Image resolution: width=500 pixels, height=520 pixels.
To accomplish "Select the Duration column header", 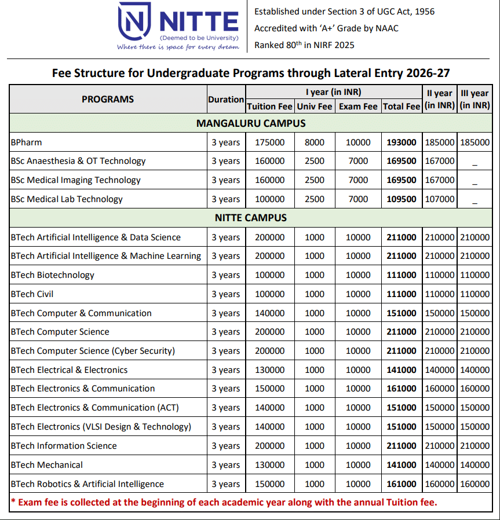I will point(226,100).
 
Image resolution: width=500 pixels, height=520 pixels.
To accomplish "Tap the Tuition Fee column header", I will point(269,107).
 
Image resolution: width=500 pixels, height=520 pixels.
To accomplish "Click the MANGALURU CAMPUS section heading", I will point(251,123).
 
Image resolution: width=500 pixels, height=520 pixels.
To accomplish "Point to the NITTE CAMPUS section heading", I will point(251,218).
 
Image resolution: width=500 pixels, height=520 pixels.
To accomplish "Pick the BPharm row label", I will point(27,142).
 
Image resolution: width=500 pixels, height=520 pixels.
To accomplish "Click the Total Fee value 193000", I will point(402,142).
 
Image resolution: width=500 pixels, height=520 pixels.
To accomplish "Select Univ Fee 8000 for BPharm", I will point(315,142).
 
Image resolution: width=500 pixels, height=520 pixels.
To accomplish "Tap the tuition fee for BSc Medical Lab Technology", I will point(269,199).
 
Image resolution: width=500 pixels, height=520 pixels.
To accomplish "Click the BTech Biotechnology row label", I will point(52,275).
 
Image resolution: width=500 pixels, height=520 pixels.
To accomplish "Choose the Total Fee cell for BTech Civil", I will point(402,294).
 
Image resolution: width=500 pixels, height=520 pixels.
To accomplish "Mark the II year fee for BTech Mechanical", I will point(440,465).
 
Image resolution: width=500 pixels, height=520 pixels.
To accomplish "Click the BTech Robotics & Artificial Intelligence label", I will point(87,484).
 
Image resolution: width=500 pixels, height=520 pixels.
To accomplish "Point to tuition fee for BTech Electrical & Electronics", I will point(269,370).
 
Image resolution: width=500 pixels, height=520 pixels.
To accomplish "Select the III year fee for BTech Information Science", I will point(475,446).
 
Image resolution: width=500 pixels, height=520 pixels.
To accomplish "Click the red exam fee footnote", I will point(224,502).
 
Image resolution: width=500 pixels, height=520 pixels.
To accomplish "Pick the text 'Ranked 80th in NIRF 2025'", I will point(304,45).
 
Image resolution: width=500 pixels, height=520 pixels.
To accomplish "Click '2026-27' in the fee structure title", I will point(428,74).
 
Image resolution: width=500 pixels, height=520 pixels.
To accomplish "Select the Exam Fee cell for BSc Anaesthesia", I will point(358,161).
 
